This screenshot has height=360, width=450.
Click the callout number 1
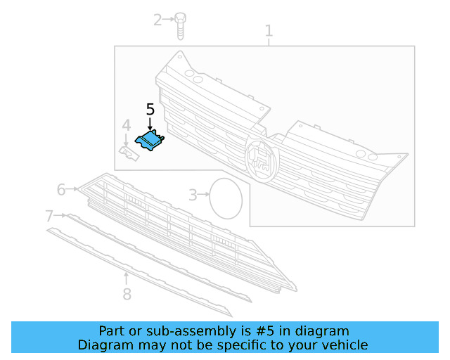(x=269, y=30)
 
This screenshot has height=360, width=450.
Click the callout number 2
(x=158, y=20)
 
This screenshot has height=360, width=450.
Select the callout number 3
(x=193, y=195)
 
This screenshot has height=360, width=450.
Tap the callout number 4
(x=127, y=126)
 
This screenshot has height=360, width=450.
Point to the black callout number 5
(x=150, y=109)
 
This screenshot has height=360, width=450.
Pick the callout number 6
(x=61, y=189)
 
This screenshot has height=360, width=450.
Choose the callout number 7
(x=49, y=215)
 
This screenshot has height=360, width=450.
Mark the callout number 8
(x=127, y=294)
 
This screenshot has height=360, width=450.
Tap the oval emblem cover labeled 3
(x=226, y=197)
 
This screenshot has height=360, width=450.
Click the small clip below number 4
(x=129, y=153)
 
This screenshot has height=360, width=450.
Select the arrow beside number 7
(x=62, y=215)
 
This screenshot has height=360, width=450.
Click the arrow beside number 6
(x=73, y=189)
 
